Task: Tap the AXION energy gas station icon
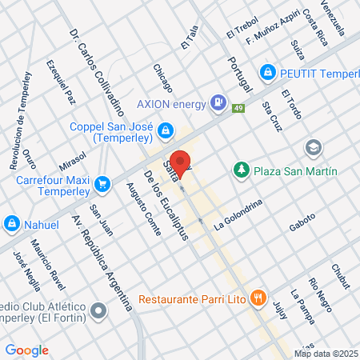tap(217, 102)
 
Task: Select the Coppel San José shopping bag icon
tap(165, 129)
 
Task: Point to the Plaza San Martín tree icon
tap(239, 170)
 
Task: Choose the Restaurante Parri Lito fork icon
tap(257, 299)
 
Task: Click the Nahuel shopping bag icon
tap(12, 224)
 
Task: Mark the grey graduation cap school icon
tap(312, 148)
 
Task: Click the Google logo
tap(26, 350)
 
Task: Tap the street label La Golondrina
tap(238, 214)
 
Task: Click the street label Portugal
tap(239, 72)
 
